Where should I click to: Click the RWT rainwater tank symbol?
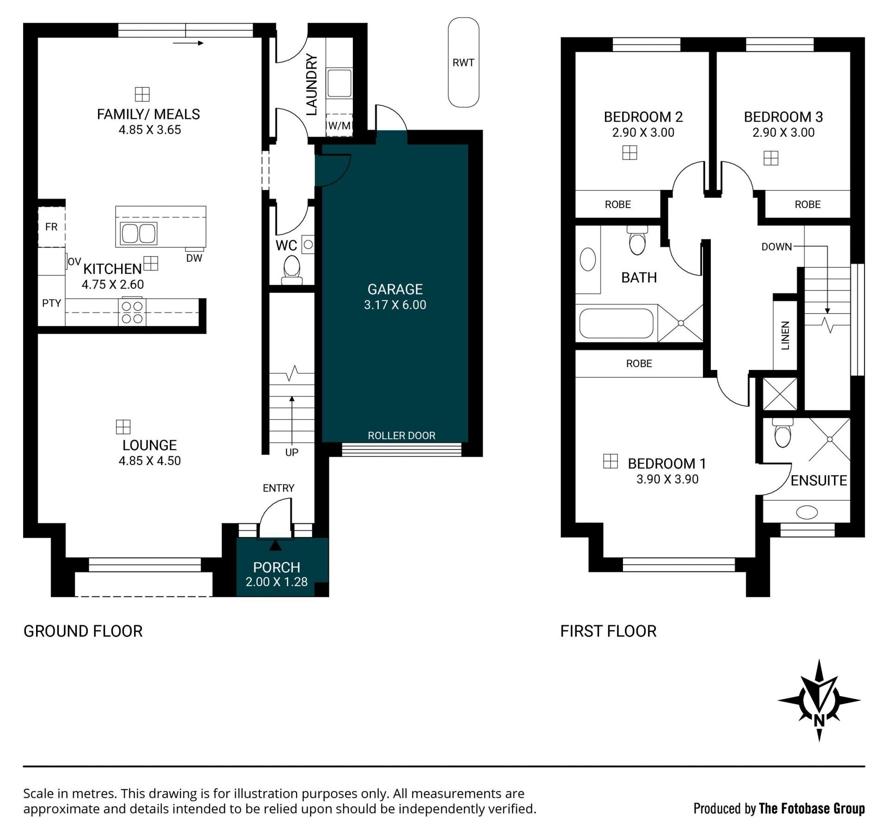pyautogui.click(x=463, y=62)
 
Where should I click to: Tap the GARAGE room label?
pyautogui.click(x=395, y=289)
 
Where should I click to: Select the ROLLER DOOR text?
pyautogui.click(x=401, y=435)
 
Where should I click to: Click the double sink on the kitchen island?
pyautogui.click(x=139, y=233)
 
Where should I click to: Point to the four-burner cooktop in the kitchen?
pyautogui.click(x=132, y=312)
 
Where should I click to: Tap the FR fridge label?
pyautogui.click(x=51, y=227)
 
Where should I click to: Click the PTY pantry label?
pyautogui.click(x=52, y=303)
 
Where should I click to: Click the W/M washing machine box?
pyautogui.click(x=339, y=125)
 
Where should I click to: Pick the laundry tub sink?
pyautogui.click(x=339, y=83)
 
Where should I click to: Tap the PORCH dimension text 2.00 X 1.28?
pyautogui.click(x=277, y=582)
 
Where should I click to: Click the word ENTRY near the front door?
pyautogui.click(x=278, y=488)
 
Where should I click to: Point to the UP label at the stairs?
pyautogui.click(x=292, y=453)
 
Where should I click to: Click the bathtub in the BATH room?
pyautogui.click(x=617, y=323)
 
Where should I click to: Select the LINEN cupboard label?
pyautogui.click(x=785, y=336)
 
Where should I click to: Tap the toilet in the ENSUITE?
pyautogui.click(x=783, y=433)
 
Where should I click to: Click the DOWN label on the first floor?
pyautogui.click(x=777, y=247)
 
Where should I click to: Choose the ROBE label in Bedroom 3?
pyautogui.click(x=808, y=204)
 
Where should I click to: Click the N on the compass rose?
pyautogui.click(x=819, y=721)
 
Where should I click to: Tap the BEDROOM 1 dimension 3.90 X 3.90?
pyautogui.click(x=667, y=479)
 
